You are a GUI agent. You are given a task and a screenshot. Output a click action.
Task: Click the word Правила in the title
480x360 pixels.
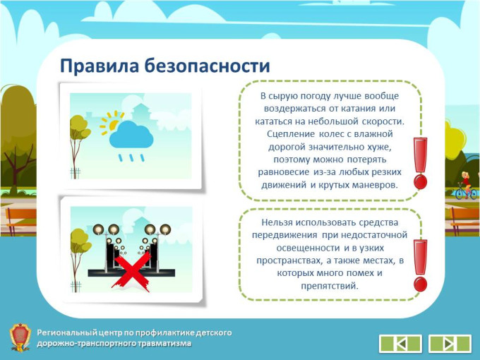pyautogui.click(x=100, y=66)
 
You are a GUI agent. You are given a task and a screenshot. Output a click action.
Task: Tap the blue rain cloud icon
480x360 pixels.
pyautogui.click(x=131, y=134)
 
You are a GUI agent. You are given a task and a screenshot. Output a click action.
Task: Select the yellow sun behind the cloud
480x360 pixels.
pyautogui.click(x=111, y=123)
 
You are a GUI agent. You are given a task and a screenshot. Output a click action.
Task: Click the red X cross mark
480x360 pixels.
pyautogui.click(x=132, y=272)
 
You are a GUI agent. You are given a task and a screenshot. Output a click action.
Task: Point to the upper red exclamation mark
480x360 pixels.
pyautogui.click(x=420, y=163)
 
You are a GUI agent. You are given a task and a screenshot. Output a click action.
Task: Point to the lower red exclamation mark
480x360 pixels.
pyautogui.click(x=420, y=265)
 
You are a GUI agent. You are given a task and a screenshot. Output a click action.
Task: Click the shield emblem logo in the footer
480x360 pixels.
pyautogui.click(x=20, y=337)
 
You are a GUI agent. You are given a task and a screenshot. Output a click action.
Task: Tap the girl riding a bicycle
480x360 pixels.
pyautogui.click(x=466, y=186)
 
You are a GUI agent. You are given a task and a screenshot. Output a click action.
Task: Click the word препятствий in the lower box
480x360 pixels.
pyautogui.click(x=330, y=286)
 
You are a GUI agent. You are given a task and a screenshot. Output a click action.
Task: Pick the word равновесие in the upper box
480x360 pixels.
pyautogui.click(x=284, y=172)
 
